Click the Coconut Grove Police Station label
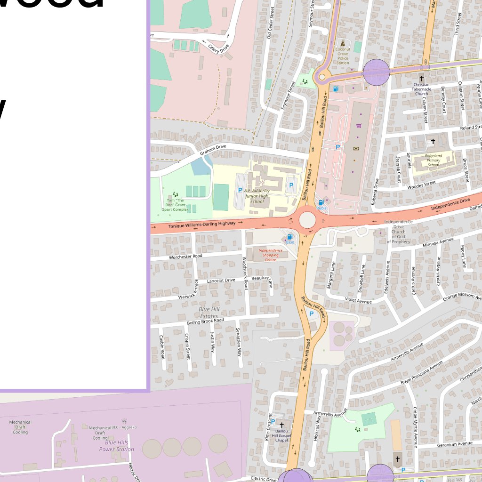tap(343, 56)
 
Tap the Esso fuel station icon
tap(289, 237)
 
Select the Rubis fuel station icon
tap(321, 203)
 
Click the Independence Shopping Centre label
tap(271, 255)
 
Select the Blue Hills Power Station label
tap(116, 446)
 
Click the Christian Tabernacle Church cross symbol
tap(422, 78)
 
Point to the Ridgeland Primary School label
tap(433, 160)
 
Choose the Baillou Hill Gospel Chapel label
tap(281, 436)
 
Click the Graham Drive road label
tap(213, 149)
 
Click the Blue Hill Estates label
tap(209, 313)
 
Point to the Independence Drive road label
tap(450, 204)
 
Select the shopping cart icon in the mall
tap(359, 126)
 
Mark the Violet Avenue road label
tap(358, 300)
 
